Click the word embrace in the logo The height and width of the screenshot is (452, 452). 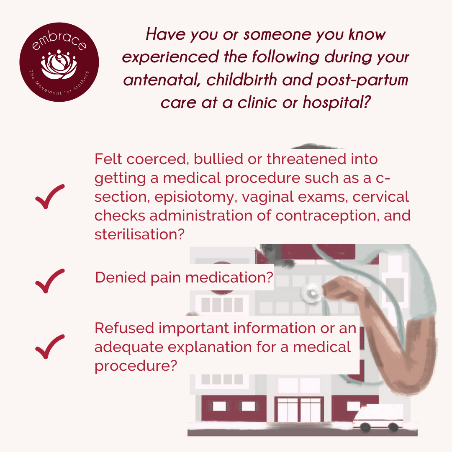(59, 40)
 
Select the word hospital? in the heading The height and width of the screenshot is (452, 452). (336, 102)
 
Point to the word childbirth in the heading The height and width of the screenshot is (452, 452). (241, 80)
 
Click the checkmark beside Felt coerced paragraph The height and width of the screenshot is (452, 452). (50, 196)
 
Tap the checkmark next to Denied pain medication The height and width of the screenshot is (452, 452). (50, 281)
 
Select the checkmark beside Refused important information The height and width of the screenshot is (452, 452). (50, 347)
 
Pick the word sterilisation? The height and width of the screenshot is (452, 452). (139, 234)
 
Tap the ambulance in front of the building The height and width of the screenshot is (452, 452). (378, 419)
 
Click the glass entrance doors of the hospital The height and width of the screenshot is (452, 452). (299, 409)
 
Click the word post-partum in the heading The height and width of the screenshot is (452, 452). (362, 80)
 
